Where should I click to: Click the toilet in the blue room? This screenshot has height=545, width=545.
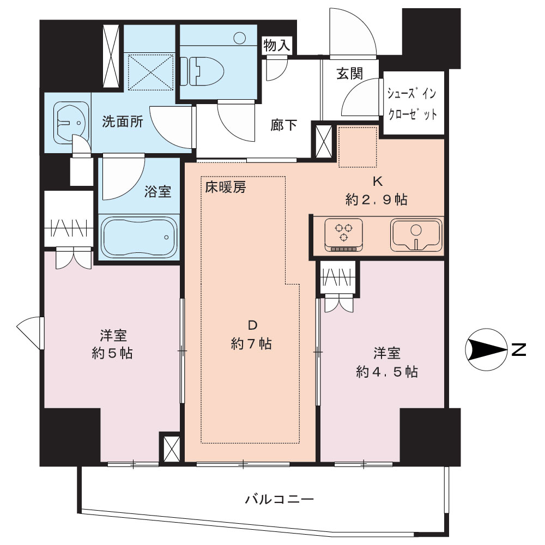click(x=202, y=71)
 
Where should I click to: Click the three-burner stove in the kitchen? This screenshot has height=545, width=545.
click(x=344, y=234)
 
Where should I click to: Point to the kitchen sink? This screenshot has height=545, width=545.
click(x=416, y=234)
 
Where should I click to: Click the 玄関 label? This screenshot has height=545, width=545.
click(x=350, y=74)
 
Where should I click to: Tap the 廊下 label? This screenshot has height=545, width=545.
click(x=283, y=125)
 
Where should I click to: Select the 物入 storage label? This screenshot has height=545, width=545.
click(x=277, y=45)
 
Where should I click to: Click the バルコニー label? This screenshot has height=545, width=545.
click(x=280, y=499)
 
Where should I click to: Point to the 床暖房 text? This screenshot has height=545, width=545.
click(x=226, y=187)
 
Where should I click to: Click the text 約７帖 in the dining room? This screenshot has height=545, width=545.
click(x=251, y=344)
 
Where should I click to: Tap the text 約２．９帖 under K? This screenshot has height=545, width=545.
click(x=377, y=199)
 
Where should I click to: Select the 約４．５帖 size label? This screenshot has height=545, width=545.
click(x=387, y=372)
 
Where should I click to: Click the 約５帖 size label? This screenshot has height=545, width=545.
click(x=112, y=354)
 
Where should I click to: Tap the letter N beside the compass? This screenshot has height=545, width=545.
click(x=518, y=350)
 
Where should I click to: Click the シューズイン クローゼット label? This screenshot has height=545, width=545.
click(x=412, y=104)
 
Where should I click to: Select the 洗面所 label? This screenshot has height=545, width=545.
click(x=122, y=122)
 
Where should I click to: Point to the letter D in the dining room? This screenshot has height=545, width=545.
click(x=252, y=325)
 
